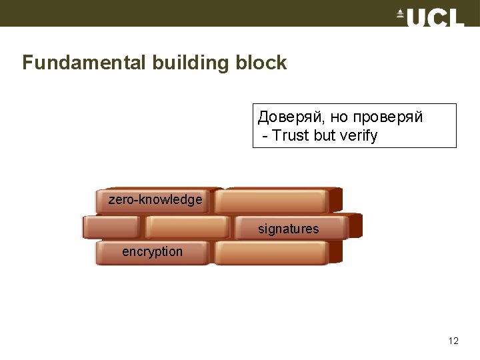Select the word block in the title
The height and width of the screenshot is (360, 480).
tap(261, 63)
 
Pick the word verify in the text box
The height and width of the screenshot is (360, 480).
tap(359, 135)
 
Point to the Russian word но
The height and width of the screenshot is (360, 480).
tap(339, 118)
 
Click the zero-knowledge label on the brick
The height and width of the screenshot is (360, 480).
tap(155, 199)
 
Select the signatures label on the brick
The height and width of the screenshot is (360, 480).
tap(289, 229)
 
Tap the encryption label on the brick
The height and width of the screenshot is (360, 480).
tap(152, 251)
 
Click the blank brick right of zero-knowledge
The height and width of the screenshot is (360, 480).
tap(273, 201)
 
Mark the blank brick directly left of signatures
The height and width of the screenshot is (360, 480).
tap(187, 227)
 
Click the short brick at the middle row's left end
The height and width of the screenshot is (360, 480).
tap(111, 227)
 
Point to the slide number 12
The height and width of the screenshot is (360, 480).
tap(453, 341)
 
